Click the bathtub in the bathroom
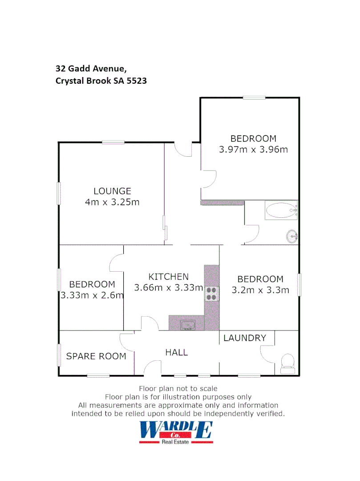coord(281,210)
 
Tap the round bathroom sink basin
coord(292,236)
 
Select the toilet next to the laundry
coord(287,364)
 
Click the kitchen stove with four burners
coord(211,293)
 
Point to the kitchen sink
coord(187,325)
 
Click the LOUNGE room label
coord(113,191)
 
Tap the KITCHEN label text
coord(169,277)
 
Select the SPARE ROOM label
coord(96,356)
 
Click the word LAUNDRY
coord(244,338)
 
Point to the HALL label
coord(177,352)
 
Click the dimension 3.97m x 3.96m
coord(253,149)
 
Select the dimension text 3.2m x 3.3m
coord(260,290)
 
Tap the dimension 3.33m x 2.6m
coord(92,295)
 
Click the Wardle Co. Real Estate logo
coord(176,432)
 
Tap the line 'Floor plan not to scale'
coord(178,389)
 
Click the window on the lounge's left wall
coord(59,193)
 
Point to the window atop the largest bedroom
coord(254,98)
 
